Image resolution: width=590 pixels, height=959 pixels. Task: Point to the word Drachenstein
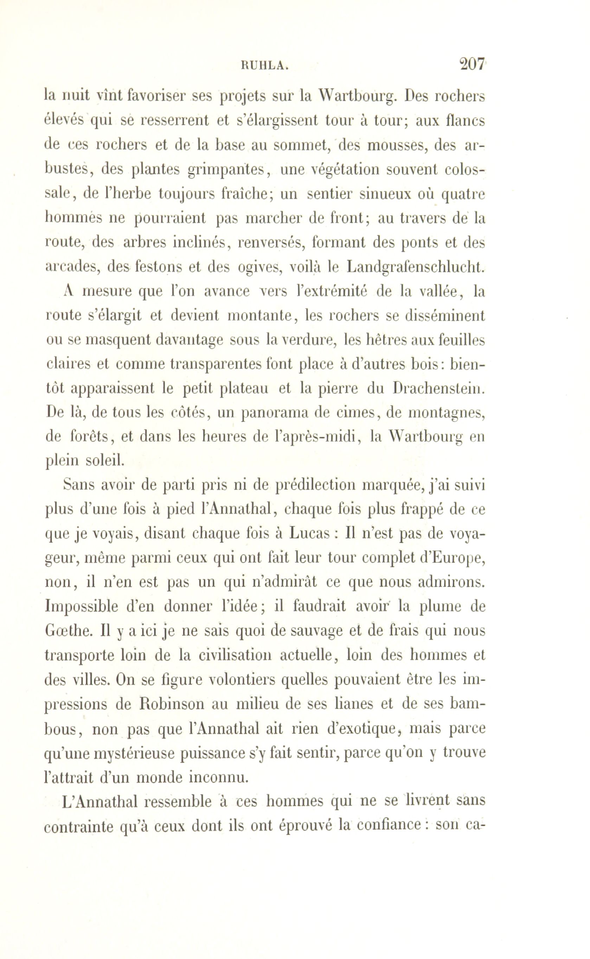pos(440,388)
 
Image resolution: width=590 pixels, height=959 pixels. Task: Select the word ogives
pos(261,267)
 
